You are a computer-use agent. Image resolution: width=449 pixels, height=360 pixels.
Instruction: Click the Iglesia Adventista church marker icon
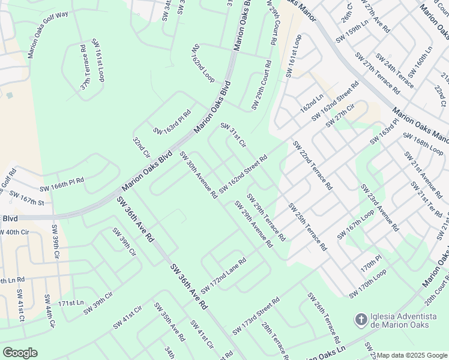pyautogui.click(x=361, y=319)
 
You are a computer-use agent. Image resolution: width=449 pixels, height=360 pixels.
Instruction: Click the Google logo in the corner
pyautogui.click(x=20, y=353)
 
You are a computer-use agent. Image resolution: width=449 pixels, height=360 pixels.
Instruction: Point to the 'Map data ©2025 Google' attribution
pyautogui.click(x=412, y=355)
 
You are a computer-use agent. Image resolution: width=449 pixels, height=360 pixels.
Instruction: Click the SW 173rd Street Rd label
pyautogui.click(x=256, y=311)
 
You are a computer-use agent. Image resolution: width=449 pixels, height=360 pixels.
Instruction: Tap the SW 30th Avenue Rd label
pyautogui.click(x=198, y=175)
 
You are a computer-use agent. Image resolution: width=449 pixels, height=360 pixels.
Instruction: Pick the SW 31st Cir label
pyautogui.click(x=234, y=135)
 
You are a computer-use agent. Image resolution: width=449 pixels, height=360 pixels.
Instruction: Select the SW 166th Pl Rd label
pyautogui.click(x=62, y=184)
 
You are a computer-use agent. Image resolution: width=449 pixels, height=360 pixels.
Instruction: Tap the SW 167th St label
pyautogui.click(x=27, y=198)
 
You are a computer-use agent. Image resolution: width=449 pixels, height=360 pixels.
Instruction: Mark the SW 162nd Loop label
pyautogui.click(x=203, y=62)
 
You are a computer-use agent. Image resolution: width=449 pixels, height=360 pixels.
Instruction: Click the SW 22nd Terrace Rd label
pyautogui.click(x=312, y=165)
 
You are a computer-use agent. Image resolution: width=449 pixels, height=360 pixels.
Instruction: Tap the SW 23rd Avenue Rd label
pyautogui.click(x=379, y=208)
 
